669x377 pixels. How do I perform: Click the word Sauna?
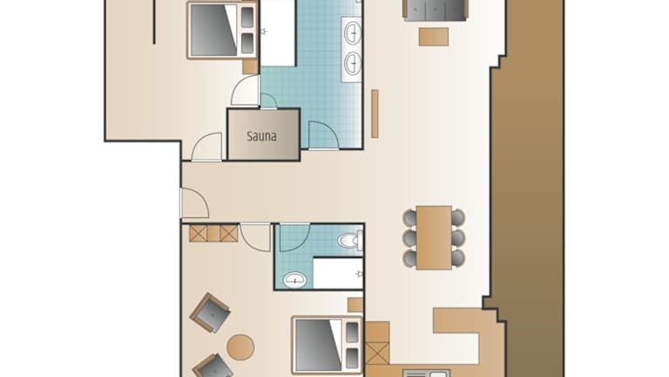261,136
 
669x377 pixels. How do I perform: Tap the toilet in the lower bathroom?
351,240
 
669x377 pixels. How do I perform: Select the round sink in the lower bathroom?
294,280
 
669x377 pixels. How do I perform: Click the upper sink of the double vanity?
353,33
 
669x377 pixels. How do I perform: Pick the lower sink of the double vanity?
353,63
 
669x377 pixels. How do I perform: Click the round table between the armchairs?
240,346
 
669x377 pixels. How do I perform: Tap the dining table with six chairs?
434,237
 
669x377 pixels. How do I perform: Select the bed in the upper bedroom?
222,30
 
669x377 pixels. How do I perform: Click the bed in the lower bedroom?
328,345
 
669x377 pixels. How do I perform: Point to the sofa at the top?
436,10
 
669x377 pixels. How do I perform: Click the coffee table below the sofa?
434,37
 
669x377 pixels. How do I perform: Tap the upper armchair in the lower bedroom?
210,312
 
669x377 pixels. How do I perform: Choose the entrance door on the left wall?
194,203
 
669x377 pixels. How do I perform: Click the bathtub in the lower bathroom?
338,273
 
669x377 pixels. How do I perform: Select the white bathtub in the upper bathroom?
278,33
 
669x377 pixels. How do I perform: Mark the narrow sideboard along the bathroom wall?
375,113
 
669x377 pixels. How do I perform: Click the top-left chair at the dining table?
409,217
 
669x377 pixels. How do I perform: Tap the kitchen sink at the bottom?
426,374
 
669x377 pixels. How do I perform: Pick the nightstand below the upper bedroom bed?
250,66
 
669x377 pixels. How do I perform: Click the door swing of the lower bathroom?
294,237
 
